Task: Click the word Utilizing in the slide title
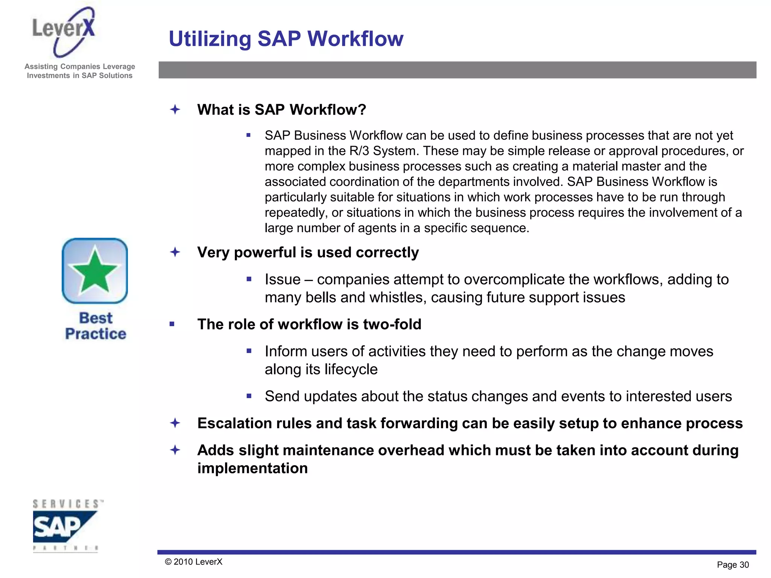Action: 210,39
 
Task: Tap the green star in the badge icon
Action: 94,271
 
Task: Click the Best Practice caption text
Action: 96,326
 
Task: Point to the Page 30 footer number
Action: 733,564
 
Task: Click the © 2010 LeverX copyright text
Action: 194,562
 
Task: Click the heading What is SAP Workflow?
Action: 281,110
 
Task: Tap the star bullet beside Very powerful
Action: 175,252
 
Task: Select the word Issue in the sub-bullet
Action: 282,280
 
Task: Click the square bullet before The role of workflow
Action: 172,324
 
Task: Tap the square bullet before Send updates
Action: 249,396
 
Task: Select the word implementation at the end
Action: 252,468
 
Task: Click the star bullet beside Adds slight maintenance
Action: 175,450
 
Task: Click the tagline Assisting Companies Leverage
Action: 80,67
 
